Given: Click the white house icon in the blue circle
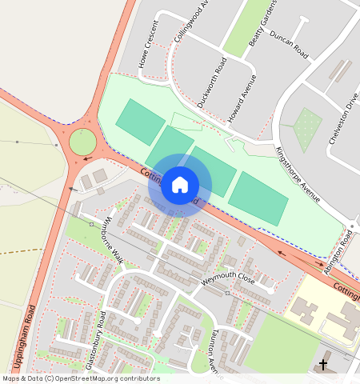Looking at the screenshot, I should coord(180,185).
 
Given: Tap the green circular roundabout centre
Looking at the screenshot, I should coord(82,142).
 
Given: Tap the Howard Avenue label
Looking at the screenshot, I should coord(242,98).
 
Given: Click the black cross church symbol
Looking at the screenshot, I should coord(323,366).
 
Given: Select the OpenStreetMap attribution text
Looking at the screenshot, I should coord(81,378).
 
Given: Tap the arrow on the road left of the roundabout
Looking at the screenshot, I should coord(86,158).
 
